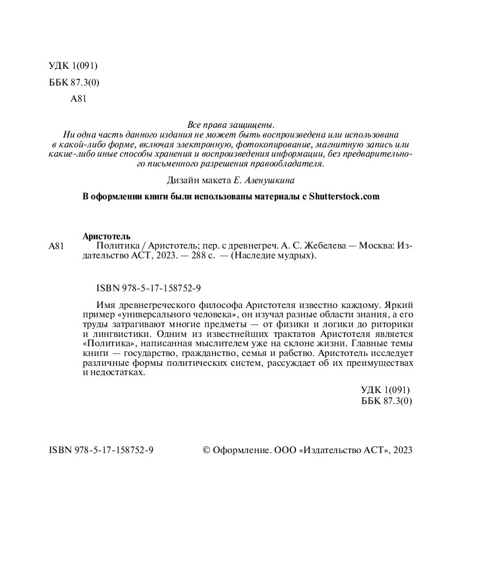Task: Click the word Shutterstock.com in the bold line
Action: click(x=343, y=197)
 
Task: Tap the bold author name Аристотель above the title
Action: click(x=107, y=236)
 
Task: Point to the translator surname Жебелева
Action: click(x=323, y=246)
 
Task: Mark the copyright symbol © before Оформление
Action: click(x=206, y=451)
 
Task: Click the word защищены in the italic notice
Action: click(x=252, y=124)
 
